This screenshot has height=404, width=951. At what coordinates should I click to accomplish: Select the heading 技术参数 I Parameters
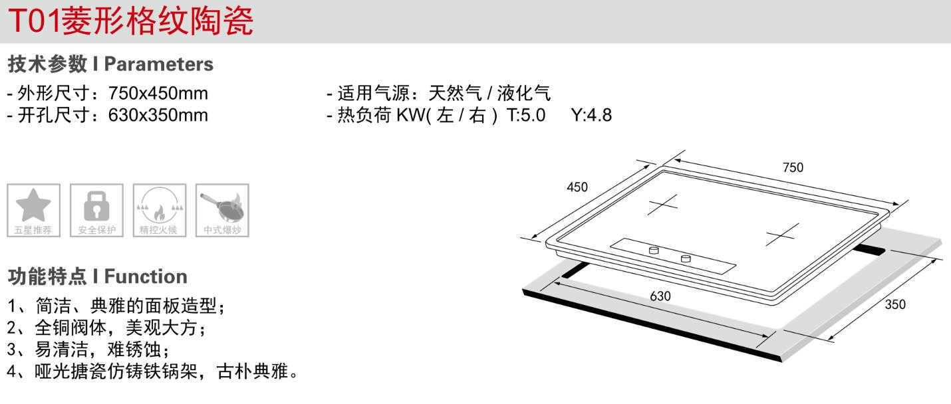(110, 64)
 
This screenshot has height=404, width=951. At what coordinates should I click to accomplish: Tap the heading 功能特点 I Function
(97, 276)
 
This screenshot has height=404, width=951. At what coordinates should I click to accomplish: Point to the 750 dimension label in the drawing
(792, 167)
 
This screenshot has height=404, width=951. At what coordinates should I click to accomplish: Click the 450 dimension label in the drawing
(577, 187)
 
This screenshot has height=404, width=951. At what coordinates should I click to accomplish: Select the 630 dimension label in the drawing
(660, 296)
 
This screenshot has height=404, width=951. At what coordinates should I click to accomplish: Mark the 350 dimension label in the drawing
(894, 305)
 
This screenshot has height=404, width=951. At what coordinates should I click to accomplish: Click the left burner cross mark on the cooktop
(663, 205)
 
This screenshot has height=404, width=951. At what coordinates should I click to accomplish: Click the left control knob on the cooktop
(654, 250)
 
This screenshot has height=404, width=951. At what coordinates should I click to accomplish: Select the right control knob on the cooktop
(686, 258)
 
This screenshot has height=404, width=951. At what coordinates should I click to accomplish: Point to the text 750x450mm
(158, 93)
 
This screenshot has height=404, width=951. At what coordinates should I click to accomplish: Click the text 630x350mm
(158, 115)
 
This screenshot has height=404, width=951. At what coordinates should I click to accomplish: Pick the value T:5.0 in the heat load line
(525, 115)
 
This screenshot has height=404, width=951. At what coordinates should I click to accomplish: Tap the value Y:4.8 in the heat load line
(591, 115)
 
